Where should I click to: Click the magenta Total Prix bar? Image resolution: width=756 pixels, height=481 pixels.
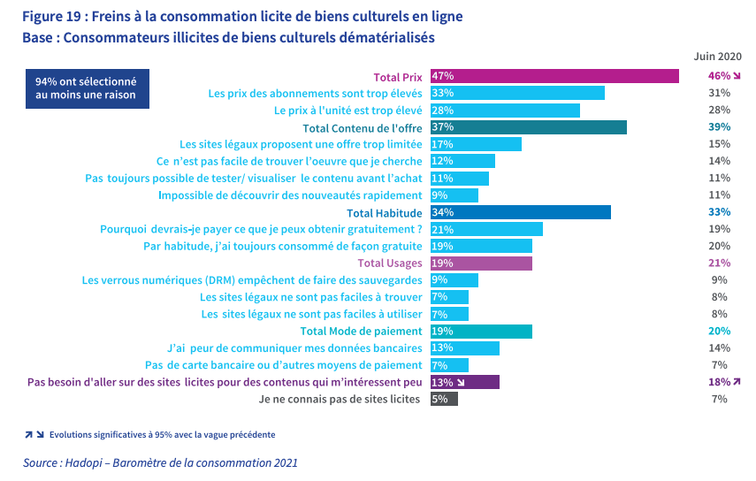tap(554, 76)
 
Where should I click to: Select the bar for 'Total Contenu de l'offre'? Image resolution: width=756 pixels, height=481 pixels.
tap(528, 127)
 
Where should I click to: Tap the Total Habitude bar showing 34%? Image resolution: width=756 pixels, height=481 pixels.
tap(520, 212)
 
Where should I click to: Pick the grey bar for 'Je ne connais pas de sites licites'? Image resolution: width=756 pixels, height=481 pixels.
tap(444, 399)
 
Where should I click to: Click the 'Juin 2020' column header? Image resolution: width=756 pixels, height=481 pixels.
tap(716, 55)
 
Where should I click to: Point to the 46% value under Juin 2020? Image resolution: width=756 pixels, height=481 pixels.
tap(719, 76)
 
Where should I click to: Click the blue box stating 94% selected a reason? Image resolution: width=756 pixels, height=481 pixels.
tap(86, 88)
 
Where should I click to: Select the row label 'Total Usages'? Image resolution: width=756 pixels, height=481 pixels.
tap(390, 263)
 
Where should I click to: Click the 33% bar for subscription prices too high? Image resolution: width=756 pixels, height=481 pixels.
tap(517, 93)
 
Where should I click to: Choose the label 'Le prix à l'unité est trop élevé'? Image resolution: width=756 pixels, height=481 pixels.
tap(348, 111)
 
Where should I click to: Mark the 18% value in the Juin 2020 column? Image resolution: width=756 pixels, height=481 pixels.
tap(719, 382)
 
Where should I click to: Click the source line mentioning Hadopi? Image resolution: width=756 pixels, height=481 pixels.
tap(160, 462)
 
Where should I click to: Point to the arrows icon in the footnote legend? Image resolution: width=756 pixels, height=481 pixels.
tap(34, 435)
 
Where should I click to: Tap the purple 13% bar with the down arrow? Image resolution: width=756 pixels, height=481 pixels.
tap(464, 382)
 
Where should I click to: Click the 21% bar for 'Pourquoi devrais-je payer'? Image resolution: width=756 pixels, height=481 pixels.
tap(486, 229)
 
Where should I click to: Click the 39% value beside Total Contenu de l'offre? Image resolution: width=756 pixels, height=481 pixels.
tap(719, 127)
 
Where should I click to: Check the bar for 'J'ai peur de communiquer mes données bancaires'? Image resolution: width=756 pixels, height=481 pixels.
tap(464, 348)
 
